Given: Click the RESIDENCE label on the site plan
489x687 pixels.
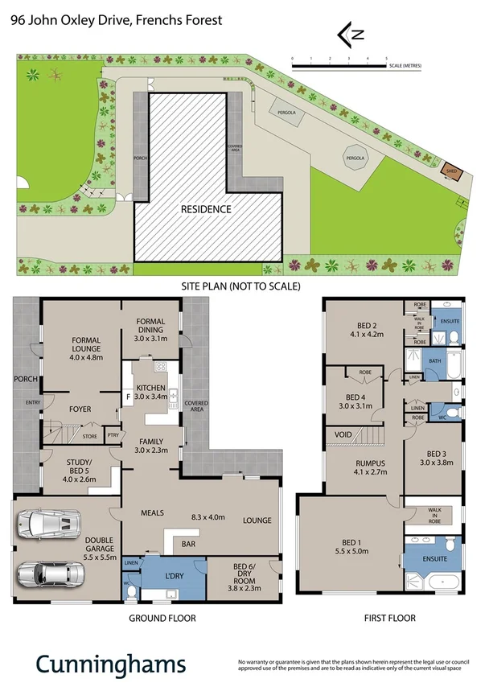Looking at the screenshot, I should (x=206, y=209).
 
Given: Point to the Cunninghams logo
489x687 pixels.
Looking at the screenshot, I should (x=110, y=663).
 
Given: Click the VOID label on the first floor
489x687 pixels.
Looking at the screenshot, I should (x=337, y=434).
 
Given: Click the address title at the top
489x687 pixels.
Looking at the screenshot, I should (x=116, y=21).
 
